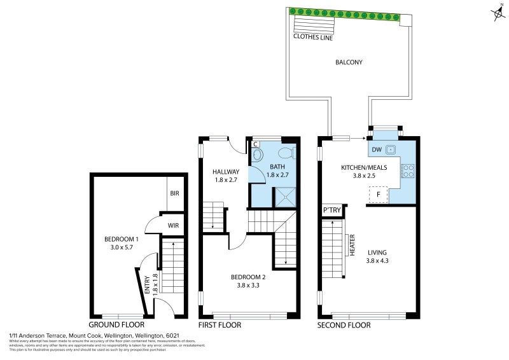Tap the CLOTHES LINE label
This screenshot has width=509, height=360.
314,37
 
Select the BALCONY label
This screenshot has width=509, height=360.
349,62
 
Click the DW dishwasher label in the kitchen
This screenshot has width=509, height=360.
376,150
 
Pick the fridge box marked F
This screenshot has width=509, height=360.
379,194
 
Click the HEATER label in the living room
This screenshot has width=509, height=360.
352,245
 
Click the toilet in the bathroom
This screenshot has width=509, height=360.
287,153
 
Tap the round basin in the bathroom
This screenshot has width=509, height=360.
258,154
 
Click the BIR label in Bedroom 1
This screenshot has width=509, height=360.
174,193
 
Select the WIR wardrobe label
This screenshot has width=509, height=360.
173,225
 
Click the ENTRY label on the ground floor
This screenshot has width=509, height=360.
148,283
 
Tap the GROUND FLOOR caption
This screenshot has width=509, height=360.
115,325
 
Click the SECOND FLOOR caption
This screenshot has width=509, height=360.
344,325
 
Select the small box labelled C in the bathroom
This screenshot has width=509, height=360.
256,144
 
